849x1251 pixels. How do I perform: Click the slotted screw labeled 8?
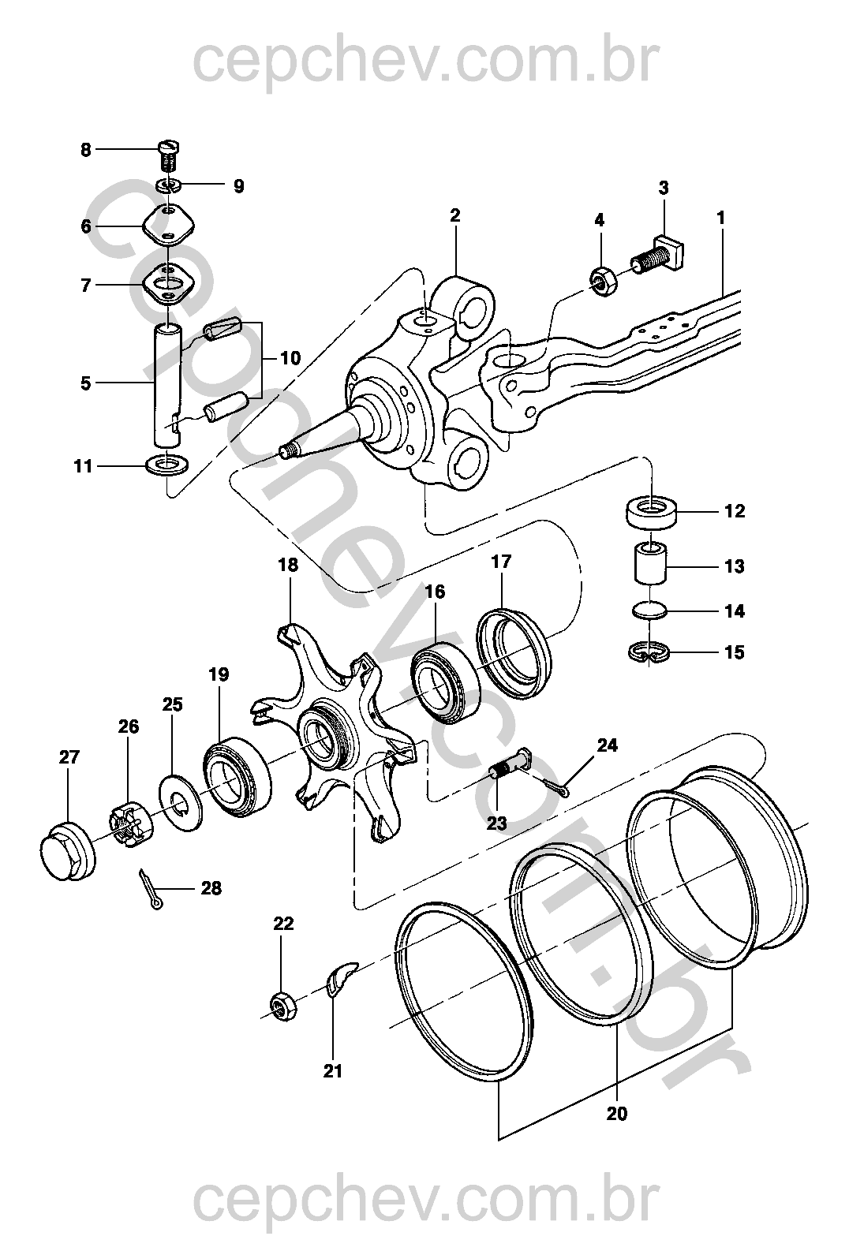coord(169,154)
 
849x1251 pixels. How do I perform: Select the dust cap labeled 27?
coord(67,852)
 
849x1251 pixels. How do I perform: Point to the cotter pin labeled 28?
coord(151,891)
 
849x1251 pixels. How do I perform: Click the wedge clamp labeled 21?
coord(340,977)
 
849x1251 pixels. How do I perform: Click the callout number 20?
coord(617,1114)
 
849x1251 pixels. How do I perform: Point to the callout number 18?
coord(289,565)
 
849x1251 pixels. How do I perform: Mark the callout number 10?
coord(290,358)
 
